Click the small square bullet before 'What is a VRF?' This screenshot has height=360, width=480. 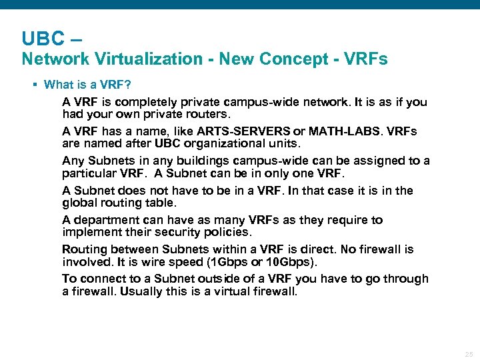33,85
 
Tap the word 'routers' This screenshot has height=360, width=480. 193,114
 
